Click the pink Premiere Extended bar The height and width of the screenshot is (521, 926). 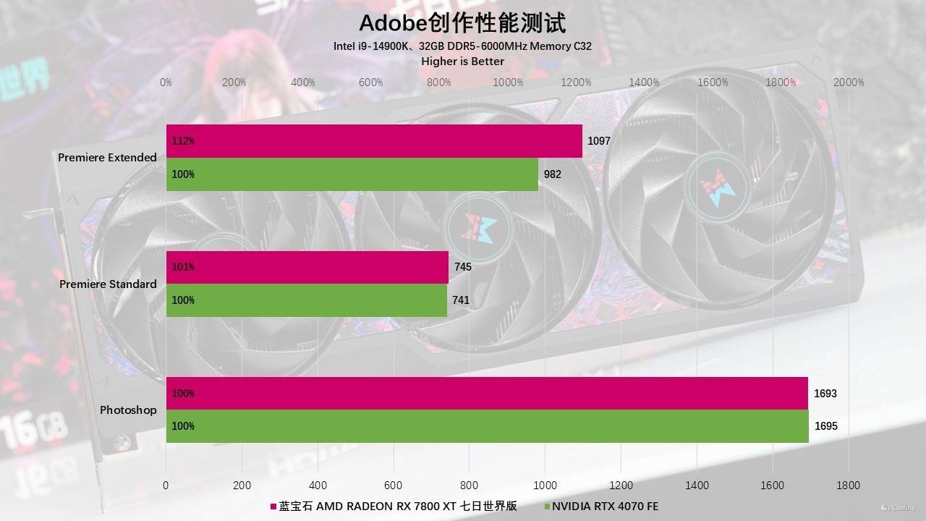374,141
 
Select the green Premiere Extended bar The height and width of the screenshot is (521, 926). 352,174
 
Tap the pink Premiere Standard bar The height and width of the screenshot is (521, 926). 307,267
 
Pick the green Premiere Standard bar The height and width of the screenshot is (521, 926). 307,300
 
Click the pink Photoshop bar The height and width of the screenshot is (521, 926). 487,394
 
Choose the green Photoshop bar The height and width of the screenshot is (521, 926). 487,426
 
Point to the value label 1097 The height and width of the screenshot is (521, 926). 599,141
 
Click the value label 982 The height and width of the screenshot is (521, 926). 553,174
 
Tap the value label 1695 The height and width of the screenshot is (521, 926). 826,426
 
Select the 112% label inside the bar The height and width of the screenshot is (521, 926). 183,141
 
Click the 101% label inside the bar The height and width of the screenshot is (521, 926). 183,267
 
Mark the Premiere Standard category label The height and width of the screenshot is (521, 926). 108,284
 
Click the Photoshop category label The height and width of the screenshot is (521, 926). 128,410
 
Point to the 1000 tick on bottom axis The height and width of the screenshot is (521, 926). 545,486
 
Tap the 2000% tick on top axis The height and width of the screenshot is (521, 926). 849,82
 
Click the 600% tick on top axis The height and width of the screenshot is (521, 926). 371,82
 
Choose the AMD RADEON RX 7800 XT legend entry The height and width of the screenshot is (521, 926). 394,507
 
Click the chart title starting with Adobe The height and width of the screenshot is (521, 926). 462,23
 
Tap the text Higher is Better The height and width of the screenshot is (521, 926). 462,62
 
